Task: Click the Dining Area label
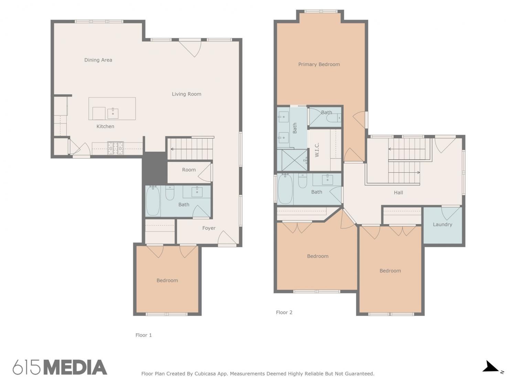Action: [x=98, y=60]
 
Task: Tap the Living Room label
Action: [x=186, y=94]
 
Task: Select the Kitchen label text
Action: [x=105, y=126]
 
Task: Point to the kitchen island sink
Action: [x=113, y=114]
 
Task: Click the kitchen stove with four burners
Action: [x=116, y=148]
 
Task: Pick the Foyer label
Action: [x=209, y=228]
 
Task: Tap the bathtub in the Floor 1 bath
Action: [x=153, y=201]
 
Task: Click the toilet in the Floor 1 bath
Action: [x=170, y=193]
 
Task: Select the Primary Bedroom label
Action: [x=319, y=64]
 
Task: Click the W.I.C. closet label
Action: [x=317, y=150]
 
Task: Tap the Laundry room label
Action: [x=442, y=224]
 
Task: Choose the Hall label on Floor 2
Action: [x=398, y=193]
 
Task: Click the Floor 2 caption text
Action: [x=284, y=312]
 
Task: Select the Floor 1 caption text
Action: [x=144, y=335]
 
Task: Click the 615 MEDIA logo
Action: [x=60, y=367]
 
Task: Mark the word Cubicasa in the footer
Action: [x=204, y=374]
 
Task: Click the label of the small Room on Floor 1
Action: [x=189, y=170]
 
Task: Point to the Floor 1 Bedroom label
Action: [x=167, y=280]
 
